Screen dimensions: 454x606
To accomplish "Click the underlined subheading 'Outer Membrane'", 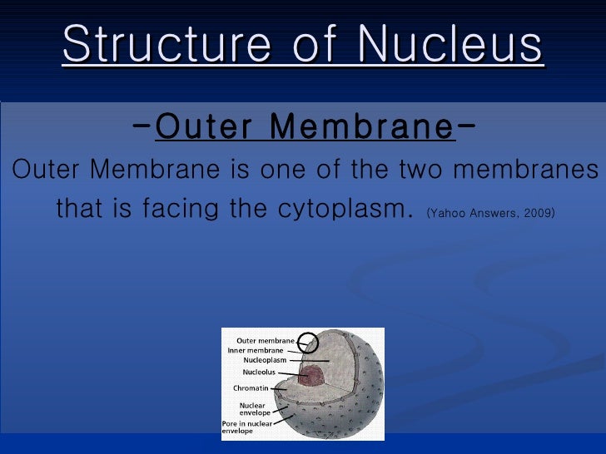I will (305, 128).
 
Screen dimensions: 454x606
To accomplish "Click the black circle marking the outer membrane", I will (308, 341).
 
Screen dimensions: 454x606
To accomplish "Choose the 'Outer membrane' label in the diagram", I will (266, 341).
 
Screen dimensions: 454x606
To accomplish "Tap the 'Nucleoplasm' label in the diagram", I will (264, 361).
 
